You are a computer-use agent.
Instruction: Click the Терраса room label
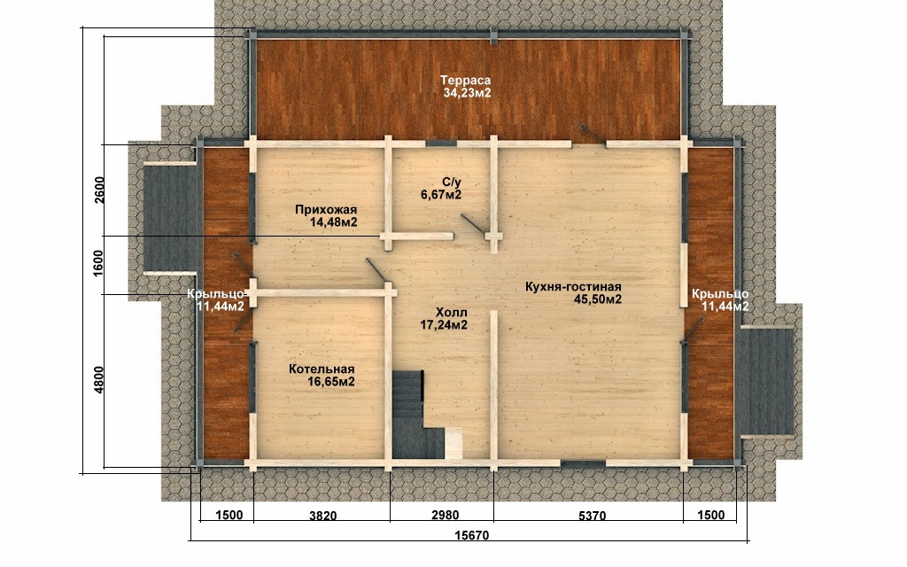pyautogui.click(x=465, y=81)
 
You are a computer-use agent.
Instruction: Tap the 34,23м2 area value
pyautogui.click(x=468, y=92)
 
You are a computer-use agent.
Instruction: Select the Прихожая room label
pyautogui.click(x=326, y=210)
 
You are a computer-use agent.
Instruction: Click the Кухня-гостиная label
pyautogui.click(x=573, y=287)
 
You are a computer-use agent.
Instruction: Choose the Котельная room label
pyautogui.click(x=322, y=369)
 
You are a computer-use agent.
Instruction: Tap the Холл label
pyautogui.click(x=452, y=313)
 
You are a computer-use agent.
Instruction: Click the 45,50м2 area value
pyautogui.click(x=598, y=299)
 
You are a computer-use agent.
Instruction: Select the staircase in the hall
pyautogui.click(x=418, y=415)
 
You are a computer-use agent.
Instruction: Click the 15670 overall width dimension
pyautogui.click(x=472, y=535)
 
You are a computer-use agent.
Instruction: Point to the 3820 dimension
pyautogui.click(x=322, y=516)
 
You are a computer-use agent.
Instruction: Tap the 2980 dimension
pyautogui.click(x=446, y=515)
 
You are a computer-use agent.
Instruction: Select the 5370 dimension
pyautogui.click(x=593, y=516)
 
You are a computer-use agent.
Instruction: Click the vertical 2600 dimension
pyautogui.click(x=99, y=190)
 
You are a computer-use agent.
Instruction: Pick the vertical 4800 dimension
pyautogui.click(x=99, y=380)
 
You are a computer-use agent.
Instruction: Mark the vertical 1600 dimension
pyautogui.click(x=98, y=264)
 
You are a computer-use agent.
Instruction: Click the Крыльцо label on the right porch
pyautogui.click(x=720, y=294)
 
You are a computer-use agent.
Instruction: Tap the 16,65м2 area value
pyautogui.click(x=331, y=382)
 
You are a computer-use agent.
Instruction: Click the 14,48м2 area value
pyautogui.click(x=334, y=222)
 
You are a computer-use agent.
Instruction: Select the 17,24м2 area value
pyautogui.click(x=444, y=326)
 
